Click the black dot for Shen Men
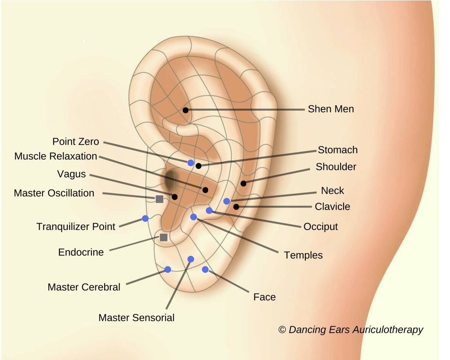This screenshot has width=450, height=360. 186,110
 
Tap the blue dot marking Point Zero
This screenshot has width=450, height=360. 191,163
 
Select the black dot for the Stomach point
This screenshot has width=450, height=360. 199,166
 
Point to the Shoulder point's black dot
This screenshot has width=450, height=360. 243,183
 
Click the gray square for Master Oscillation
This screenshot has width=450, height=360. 160,199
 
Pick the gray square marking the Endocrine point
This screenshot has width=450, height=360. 163,237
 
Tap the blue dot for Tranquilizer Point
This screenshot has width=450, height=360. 145,218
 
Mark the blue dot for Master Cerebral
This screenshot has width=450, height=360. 167,269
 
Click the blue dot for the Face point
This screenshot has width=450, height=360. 205,269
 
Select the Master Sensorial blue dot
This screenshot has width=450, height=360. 191,258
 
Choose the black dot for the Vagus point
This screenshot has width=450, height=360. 175,197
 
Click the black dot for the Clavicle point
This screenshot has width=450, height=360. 236,207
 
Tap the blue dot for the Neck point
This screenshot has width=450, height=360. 226,201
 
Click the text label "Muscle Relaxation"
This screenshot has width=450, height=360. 56,156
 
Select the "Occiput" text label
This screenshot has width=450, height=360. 321,227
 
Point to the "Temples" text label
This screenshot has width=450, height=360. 303,255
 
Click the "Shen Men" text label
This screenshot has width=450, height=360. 331,109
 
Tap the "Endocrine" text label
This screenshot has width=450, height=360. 81,252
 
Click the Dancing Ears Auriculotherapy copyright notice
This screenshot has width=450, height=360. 351,330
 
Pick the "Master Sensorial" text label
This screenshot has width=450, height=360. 136,318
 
